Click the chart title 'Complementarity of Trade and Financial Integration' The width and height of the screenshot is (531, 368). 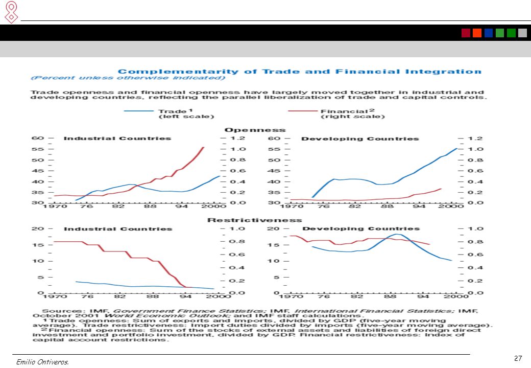click(x=300, y=72)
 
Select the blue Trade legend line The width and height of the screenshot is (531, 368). click(x=139, y=111)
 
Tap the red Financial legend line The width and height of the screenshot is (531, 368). click(x=302, y=111)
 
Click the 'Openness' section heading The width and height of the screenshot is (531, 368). click(x=255, y=130)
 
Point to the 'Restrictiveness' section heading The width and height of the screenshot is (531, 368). click(x=255, y=220)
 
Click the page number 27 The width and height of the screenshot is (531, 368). click(x=518, y=358)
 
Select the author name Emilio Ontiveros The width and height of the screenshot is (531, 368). click(x=42, y=362)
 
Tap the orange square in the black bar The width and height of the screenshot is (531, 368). click(x=477, y=33)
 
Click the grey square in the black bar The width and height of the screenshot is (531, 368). click(x=522, y=33)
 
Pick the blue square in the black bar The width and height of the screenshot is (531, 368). click(x=488, y=33)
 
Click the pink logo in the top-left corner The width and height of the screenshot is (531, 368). click(x=12, y=12)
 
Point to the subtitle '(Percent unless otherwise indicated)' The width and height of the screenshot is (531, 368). click(x=128, y=78)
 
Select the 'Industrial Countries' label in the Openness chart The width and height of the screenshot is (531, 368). click(x=117, y=138)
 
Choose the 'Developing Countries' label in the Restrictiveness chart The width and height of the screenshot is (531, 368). click(x=361, y=229)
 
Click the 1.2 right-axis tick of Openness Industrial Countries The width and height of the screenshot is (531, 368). click(x=238, y=138)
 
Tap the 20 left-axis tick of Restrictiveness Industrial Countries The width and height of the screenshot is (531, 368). click(x=37, y=229)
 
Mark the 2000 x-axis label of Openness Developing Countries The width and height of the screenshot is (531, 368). click(x=451, y=206)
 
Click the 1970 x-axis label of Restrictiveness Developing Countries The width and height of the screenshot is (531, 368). click(x=291, y=296)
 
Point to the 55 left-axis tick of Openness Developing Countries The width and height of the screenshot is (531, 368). click(x=274, y=149)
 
